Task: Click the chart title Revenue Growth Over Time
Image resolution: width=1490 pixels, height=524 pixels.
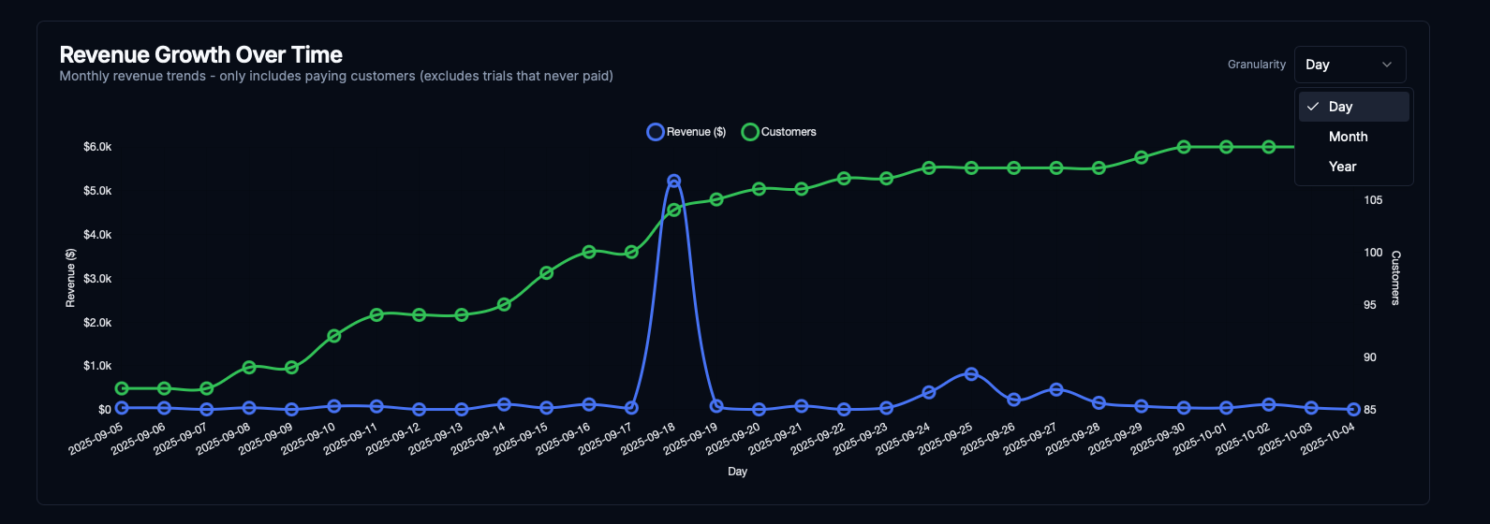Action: click(200, 54)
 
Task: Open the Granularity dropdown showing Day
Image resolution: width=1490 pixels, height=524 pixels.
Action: click(1350, 65)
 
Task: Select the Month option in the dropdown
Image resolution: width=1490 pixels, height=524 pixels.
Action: click(1348, 137)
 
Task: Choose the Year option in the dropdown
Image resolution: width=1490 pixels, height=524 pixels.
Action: click(1342, 167)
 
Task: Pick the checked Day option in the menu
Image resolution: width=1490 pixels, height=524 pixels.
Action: click(1340, 107)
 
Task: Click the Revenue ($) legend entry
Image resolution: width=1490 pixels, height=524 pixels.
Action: click(686, 132)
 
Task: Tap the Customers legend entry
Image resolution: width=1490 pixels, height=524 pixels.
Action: click(779, 132)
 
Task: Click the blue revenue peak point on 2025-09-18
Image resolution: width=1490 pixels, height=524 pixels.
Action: click(673, 181)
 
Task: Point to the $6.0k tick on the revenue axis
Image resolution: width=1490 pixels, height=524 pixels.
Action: click(97, 147)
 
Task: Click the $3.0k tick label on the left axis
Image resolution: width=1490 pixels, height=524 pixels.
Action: click(97, 279)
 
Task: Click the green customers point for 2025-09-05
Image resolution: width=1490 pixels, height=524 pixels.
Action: click(121, 388)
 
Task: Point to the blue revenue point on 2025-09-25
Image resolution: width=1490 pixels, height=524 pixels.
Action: click(971, 373)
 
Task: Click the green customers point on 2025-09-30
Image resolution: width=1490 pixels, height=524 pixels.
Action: click(1184, 147)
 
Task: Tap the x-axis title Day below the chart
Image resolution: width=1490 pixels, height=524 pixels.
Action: click(737, 472)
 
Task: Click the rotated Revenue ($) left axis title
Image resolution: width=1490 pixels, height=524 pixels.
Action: click(70, 278)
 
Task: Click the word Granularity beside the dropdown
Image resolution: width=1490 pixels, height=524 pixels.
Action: click(1257, 65)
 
